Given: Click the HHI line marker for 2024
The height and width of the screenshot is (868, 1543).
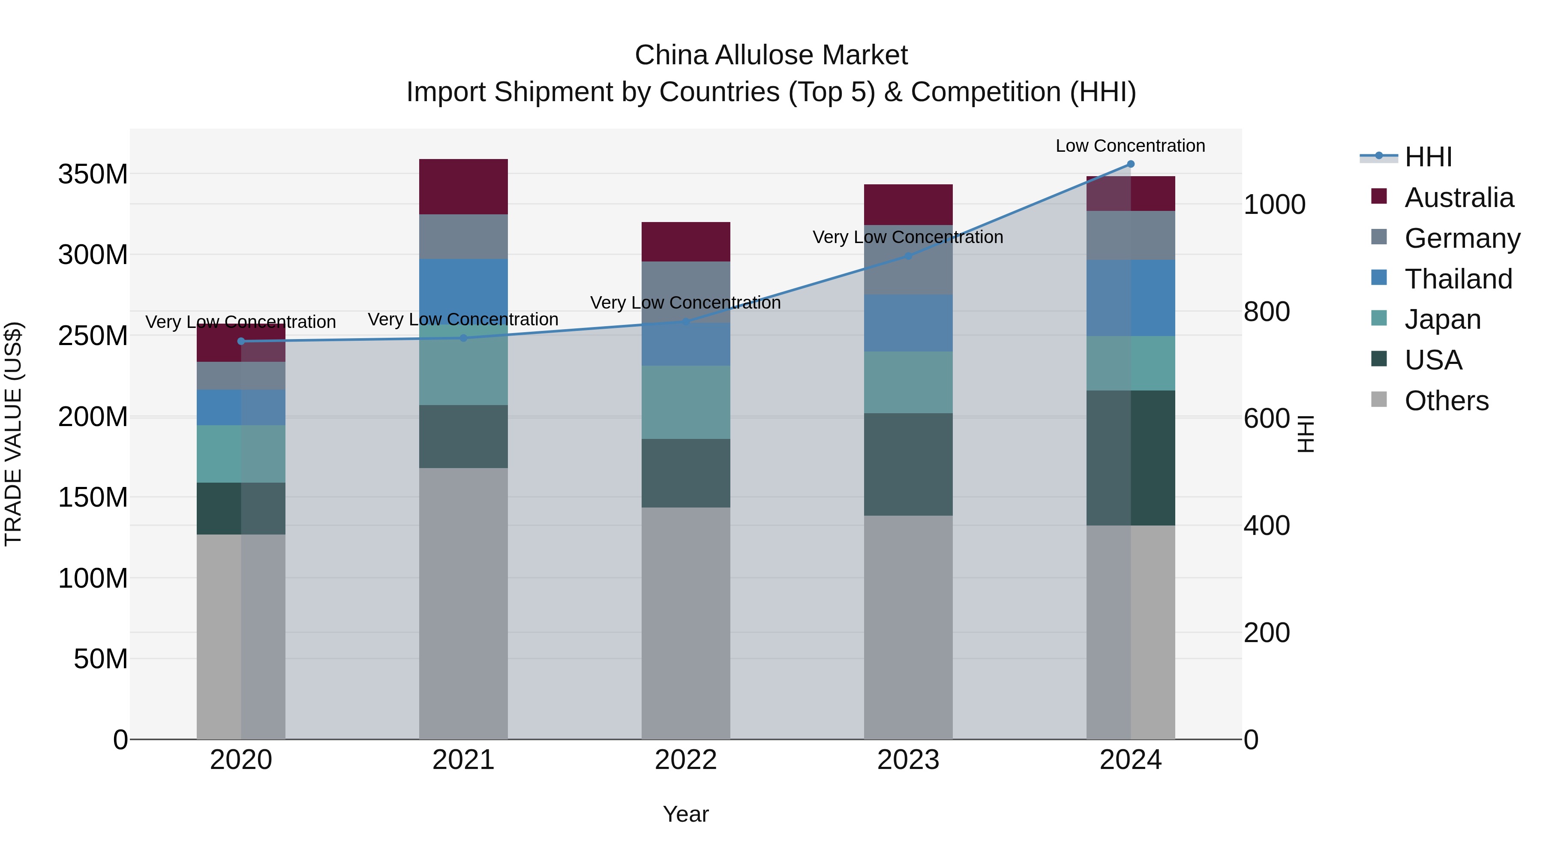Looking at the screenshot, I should tap(1130, 164).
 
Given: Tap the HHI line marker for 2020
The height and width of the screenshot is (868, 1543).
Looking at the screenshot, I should tap(241, 342).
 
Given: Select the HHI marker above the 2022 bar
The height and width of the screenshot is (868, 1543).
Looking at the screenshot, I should tap(686, 321).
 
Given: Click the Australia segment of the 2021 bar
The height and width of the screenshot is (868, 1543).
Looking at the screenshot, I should tap(463, 186).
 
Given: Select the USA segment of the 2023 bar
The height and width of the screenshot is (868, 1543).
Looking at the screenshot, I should tap(908, 464).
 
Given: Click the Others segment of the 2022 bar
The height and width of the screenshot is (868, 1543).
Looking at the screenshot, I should tap(686, 623).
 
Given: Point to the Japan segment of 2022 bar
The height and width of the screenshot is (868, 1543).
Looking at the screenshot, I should tap(686, 402).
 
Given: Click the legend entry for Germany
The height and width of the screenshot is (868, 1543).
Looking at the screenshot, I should tap(1462, 238).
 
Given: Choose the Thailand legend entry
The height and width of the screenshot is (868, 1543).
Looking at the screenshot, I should tap(1458, 279).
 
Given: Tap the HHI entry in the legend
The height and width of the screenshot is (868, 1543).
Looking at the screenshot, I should tap(1428, 157).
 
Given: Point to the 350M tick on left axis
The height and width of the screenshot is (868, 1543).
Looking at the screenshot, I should tap(93, 174).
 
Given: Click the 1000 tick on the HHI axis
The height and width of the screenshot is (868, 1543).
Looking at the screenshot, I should tap(1274, 204).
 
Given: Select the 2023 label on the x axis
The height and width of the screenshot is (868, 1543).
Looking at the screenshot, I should tap(908, 760).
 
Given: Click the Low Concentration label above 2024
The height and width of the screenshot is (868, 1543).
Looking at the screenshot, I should tap(1130, 146).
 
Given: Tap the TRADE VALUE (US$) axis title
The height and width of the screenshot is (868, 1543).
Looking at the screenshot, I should tap(13, 434).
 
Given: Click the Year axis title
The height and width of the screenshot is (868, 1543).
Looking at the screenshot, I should tap(685, 814).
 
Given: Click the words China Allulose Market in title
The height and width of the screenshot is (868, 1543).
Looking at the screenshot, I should tap(771, 55).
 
